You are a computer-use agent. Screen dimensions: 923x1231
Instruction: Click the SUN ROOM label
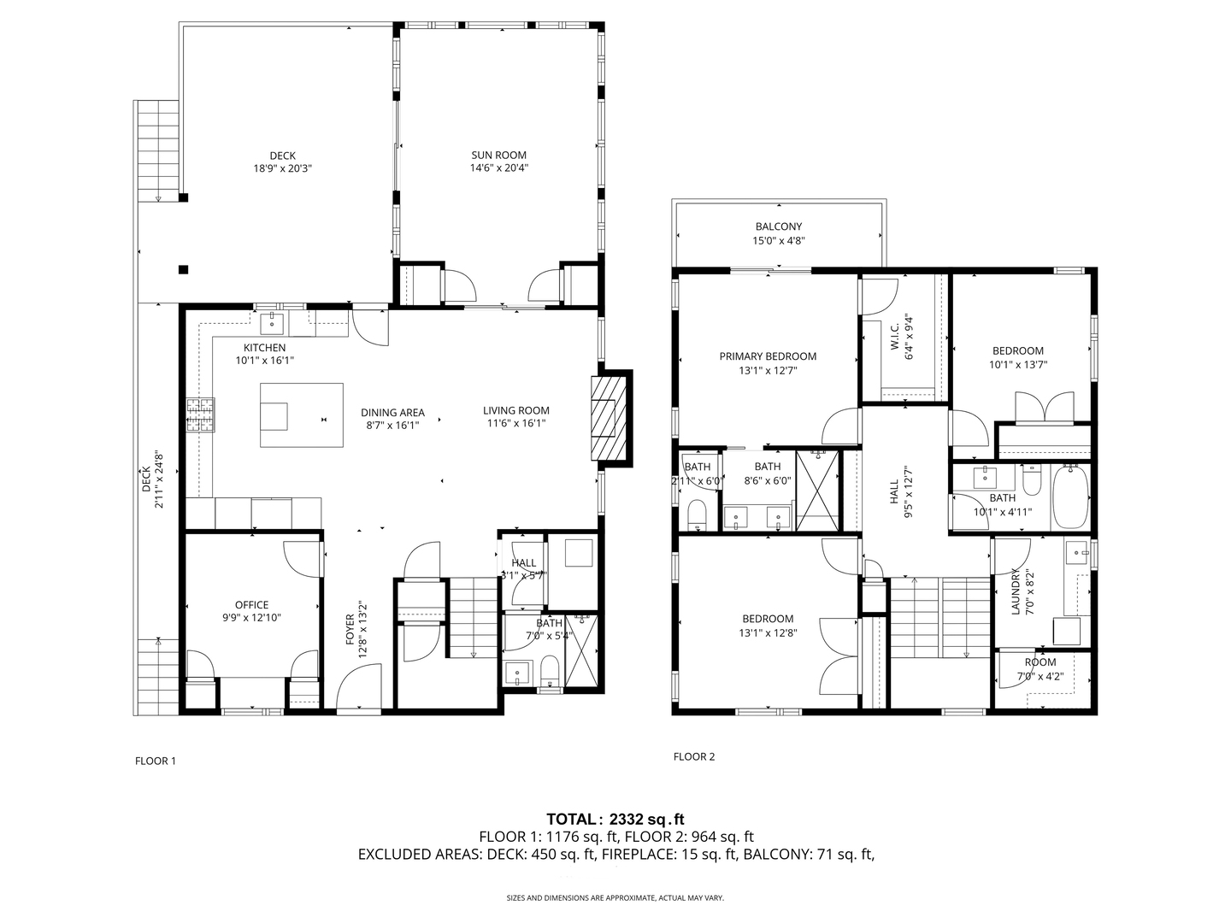pos(498,156)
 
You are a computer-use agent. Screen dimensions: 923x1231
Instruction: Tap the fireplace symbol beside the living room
pos(608,418)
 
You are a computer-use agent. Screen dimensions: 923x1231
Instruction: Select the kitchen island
pos(301,414)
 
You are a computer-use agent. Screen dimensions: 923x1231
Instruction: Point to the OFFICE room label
pos(251,605)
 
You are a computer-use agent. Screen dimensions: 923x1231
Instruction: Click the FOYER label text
pos(350,642)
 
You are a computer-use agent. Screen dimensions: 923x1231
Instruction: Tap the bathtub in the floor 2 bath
pos(1069,497)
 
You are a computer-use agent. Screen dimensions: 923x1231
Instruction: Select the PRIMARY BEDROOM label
pos(767,356)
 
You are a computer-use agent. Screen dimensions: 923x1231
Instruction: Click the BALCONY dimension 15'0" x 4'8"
pos(778,241)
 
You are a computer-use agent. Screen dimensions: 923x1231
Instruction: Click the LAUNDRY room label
pos(1016,593)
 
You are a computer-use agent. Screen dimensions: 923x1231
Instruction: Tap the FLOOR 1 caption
pos(156,761)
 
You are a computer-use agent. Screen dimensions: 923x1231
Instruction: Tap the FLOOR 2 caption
pos(694,756)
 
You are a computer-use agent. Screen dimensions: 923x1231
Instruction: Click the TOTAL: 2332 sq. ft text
pos(615,819)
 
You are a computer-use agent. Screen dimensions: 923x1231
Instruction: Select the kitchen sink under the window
pos(274,322)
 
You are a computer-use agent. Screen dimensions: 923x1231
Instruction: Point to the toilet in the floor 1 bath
pos(550,671)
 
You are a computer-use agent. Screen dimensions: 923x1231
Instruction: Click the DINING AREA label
pos(392,413)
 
